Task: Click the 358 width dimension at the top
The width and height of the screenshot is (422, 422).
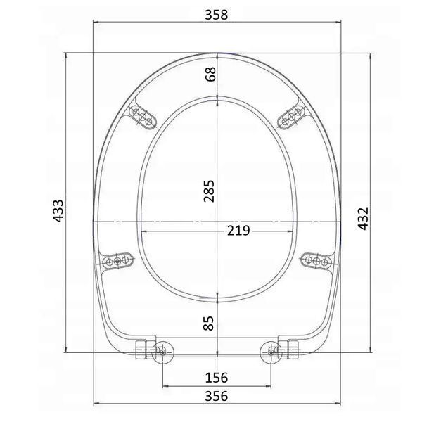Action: click(217, 15)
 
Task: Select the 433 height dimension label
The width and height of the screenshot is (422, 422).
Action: click(58, 211)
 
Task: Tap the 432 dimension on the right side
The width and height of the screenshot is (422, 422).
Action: click(363, 219)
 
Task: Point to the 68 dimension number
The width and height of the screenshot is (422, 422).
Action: click(210, 74)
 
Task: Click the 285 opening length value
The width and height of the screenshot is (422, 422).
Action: click(209, 191)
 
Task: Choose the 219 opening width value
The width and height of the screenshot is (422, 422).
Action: click(238, 231)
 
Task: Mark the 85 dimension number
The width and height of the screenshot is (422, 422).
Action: click(209, 324)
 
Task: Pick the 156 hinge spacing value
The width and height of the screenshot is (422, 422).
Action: click(217, 378)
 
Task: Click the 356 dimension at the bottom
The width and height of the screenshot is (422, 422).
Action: click(217, 396)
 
